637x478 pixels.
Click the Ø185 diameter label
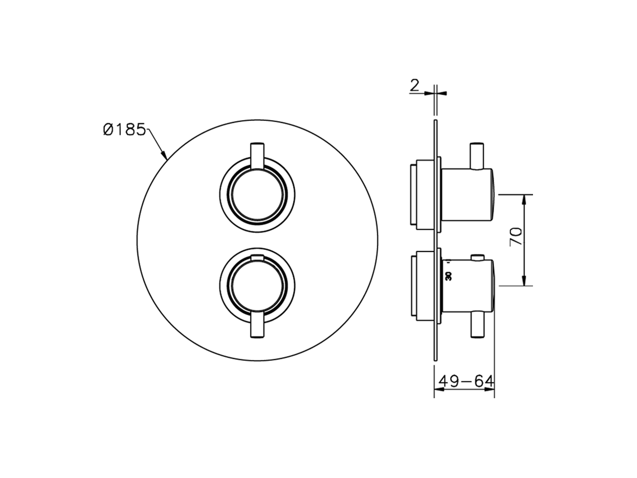[124, 130]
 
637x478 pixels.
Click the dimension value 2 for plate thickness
[414, 86]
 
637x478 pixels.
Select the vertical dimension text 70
[516, 236]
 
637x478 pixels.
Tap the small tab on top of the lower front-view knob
[257, 257]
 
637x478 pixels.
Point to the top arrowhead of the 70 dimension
[524, 199]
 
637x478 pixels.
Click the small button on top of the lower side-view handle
[479, 258]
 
